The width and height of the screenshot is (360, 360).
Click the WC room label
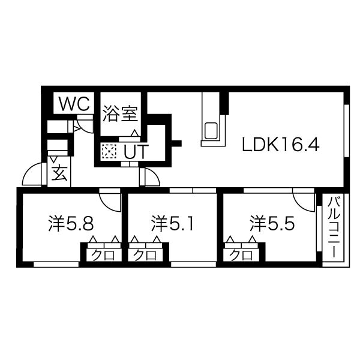pos(74,104)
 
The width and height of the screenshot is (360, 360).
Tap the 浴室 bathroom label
pos(120,113)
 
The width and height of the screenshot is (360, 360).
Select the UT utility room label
pos(135,152)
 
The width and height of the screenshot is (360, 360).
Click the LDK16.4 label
pos(281,144)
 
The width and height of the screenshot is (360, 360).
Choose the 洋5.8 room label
pos(71,223)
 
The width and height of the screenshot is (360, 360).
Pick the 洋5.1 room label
pos(172,223)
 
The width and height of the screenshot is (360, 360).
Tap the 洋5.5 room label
pos(272,223)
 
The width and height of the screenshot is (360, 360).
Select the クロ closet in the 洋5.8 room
pos(103,255)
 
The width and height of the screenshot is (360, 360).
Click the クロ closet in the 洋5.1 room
pos(145,255)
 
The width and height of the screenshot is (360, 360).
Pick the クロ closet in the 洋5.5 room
pos(241,255)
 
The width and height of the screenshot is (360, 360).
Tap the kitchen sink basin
pos(211,131)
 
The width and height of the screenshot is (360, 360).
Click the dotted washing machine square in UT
pos(109,151)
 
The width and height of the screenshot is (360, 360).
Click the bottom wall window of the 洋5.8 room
pos(56,265)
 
